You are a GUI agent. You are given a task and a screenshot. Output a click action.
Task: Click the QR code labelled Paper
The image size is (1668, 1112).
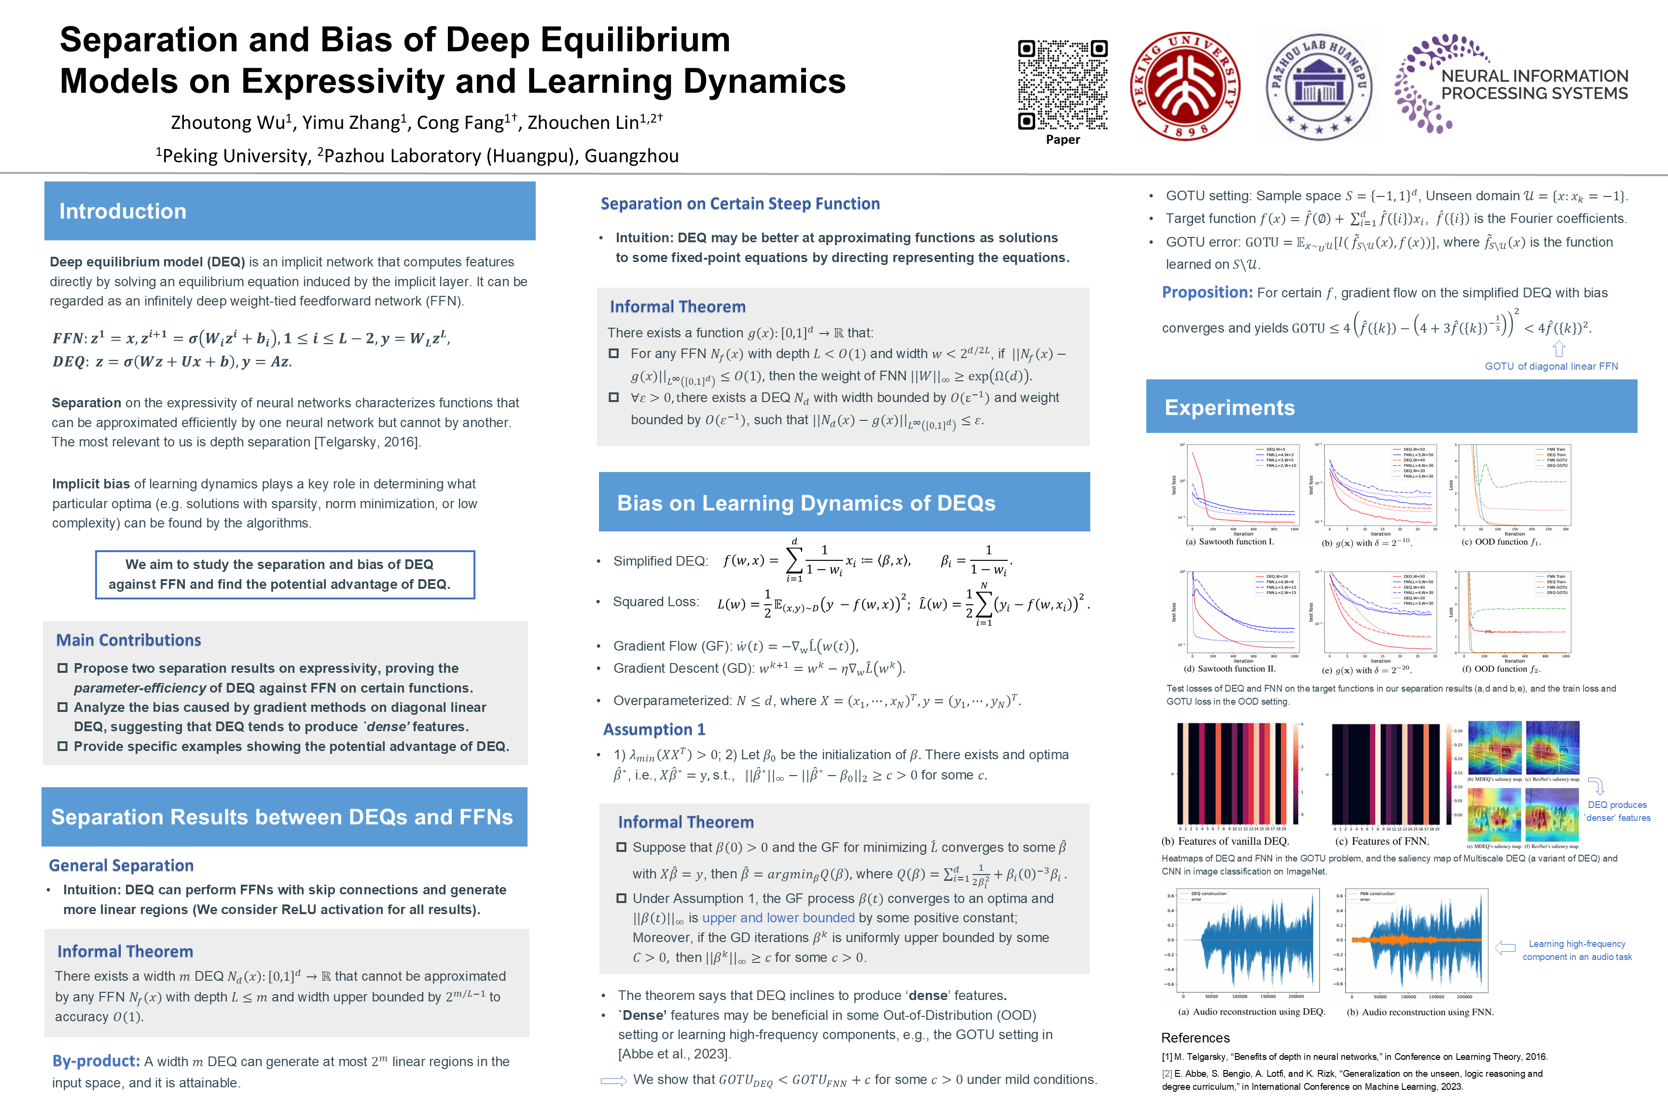(x=1062, y=85)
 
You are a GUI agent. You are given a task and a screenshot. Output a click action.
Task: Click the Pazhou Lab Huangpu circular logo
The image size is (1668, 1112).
(x=1319, y=86)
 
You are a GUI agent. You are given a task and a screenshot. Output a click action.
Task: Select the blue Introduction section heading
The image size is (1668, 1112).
(x=123, y=211)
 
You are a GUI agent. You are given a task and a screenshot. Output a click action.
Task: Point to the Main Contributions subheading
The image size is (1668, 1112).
(x=128, y=640)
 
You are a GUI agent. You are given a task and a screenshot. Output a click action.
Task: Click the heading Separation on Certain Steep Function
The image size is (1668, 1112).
(x=740, y=204)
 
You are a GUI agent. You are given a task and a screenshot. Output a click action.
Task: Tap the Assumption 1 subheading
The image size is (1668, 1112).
(x=654, y=730)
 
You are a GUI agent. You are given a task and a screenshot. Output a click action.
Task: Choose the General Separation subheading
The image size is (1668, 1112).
(x=121, y=866)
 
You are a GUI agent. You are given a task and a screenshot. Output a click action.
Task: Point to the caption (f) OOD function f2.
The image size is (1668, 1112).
(x=1500, y=669)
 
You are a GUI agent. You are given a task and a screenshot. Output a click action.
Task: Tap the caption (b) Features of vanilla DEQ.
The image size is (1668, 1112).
(x=1225, y=842)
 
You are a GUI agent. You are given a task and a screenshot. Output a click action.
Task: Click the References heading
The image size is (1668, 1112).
(x=1195, y=1038)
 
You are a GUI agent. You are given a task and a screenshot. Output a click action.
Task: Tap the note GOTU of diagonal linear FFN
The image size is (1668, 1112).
(x=1551, y=367)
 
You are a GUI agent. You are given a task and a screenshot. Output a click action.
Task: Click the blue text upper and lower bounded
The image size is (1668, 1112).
(x=778, y=918)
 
